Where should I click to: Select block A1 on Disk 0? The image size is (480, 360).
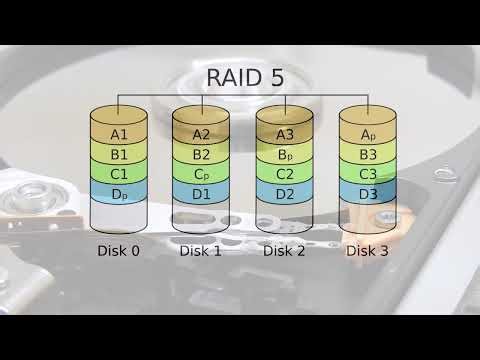tap(119, 134)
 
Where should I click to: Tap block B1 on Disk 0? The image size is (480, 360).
tap(119, 154)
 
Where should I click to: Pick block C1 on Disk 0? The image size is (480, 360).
tap(119, 173)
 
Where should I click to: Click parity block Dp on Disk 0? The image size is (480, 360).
tap(119, 193)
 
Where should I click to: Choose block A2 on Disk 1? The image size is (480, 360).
tap(201, 134)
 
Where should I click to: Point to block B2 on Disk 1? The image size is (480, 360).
tap(201, 154)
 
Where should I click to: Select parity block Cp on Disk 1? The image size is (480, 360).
tap(201, 173)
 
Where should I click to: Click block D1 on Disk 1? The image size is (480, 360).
tap(201, 193)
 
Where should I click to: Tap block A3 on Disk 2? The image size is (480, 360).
tap(285, 134)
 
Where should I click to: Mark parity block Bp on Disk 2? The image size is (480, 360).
tap(285, 154)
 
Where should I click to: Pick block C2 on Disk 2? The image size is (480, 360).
tap(285, 173)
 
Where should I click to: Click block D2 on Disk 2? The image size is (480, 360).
tap(285, 193)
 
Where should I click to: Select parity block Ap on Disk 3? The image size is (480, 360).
tap(368, 134)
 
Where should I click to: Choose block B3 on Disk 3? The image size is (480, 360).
tap(368, 154)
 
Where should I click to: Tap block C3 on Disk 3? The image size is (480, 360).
tap(368, 173)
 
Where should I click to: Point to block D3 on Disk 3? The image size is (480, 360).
tap(368, 193)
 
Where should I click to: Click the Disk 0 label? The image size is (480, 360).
tap(119, 251)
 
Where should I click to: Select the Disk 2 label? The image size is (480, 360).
tap(285, 251)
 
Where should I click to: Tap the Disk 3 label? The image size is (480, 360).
tap(368, 251)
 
